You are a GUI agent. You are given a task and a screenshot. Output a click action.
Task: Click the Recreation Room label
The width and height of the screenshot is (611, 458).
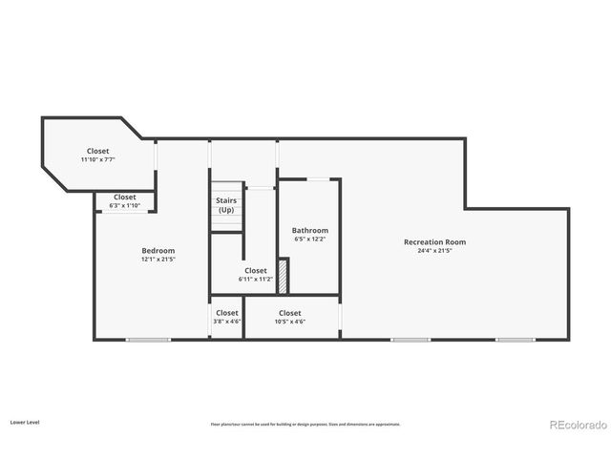click(x=434, y=242)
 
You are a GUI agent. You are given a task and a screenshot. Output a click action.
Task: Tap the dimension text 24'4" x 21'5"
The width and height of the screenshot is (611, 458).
click(x=434, y=251)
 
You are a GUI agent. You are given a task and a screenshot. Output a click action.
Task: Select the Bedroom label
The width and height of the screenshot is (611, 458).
click(x=158, y=251)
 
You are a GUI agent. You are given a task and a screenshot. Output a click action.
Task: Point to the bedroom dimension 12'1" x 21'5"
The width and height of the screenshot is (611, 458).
click(x=158, y=260)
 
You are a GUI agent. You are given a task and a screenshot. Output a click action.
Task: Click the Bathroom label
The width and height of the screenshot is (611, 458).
click(x=310, y=230)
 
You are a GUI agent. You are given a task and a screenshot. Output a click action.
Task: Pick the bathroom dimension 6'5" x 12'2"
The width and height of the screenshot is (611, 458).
click(x=310, y=239)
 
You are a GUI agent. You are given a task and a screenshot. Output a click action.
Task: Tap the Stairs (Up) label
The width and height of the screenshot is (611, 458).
click(x=226, y=205)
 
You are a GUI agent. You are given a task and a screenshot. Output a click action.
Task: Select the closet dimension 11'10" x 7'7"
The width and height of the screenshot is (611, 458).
click(x=98, y=159)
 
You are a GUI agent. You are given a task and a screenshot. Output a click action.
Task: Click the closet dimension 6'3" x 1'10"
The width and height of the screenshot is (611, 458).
click(x=125, y=205)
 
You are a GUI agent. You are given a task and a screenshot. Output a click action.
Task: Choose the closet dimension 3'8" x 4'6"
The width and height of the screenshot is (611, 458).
click(x=227, y=322)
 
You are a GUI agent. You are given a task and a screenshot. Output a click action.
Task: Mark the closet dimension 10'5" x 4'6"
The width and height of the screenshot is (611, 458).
click(x=289, y=322)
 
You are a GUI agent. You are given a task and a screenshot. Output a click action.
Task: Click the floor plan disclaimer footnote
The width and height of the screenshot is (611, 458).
click(x=305, y=425)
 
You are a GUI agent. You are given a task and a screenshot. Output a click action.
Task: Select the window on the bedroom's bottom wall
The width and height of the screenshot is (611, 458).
click(x=148, y=339)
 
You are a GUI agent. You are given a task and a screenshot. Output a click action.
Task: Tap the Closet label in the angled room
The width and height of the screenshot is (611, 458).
click(x=98, y=151)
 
